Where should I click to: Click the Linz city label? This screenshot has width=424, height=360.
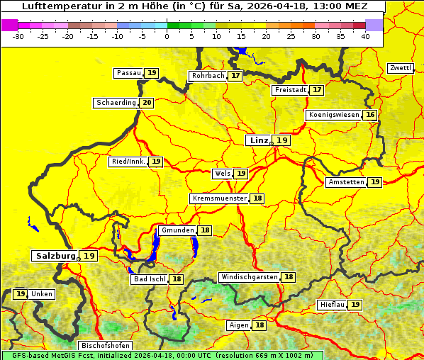[x=258, y=140]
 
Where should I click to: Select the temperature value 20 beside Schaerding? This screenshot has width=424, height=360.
[x=147, y=103]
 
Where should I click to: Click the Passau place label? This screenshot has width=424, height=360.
[x=129, y=73]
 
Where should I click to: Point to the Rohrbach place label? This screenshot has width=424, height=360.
[x=208, y=76]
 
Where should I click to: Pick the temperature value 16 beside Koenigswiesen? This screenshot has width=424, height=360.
[x=370, y=115]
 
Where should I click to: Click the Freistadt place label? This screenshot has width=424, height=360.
[x=290, y=90]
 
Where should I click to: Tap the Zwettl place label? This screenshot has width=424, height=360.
[x=401, y=68]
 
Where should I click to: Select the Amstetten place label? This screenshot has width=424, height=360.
[x=346, y=182]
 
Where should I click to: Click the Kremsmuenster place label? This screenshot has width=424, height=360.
[x=219, y=198]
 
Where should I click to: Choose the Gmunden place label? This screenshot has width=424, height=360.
[x=177, y=230]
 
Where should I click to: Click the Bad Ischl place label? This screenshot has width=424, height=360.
[x=149, y=279]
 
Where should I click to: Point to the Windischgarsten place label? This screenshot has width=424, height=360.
[x=249, y=277]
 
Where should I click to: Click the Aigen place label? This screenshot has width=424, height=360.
[x=238, y=325]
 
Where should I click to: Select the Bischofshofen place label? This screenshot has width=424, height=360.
[x=106, y=346]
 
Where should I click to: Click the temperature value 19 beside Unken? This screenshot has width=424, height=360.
[x=21, y=294]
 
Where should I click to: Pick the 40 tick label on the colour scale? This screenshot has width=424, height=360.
[x=365, y=36]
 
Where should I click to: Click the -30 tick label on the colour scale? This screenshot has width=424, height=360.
[x=19, y=36]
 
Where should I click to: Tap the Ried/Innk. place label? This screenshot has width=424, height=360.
[x=128, y=162]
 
